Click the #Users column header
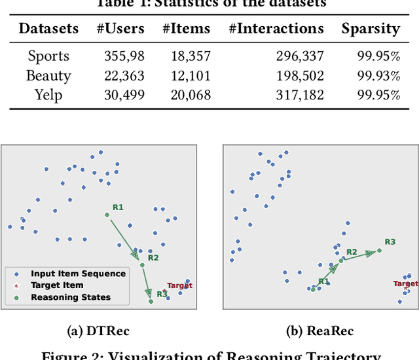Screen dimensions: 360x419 121,29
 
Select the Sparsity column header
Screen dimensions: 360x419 371,29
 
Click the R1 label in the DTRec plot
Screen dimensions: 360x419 118,207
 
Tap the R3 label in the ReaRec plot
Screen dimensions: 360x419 390,242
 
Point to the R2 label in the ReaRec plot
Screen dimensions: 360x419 352,252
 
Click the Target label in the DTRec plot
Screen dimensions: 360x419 179,285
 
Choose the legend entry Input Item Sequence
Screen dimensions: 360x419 77,274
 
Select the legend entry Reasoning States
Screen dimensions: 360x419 71,297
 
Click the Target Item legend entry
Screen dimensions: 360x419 57,285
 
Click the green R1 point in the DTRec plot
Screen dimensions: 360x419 107,215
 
